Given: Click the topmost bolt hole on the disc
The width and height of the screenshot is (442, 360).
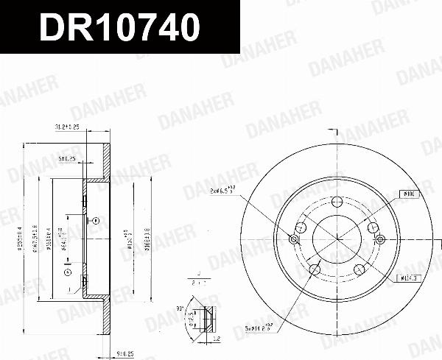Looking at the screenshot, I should click(x=337, y=203).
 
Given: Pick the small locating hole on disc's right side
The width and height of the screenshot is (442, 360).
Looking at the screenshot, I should click(x=380, y=240).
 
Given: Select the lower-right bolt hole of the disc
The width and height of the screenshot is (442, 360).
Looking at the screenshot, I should click(x=361, y=269).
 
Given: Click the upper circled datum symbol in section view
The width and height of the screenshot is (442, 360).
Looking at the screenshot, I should click(x=96, y=220).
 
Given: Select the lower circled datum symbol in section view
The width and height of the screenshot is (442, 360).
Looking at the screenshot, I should click(x=69, y=272).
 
